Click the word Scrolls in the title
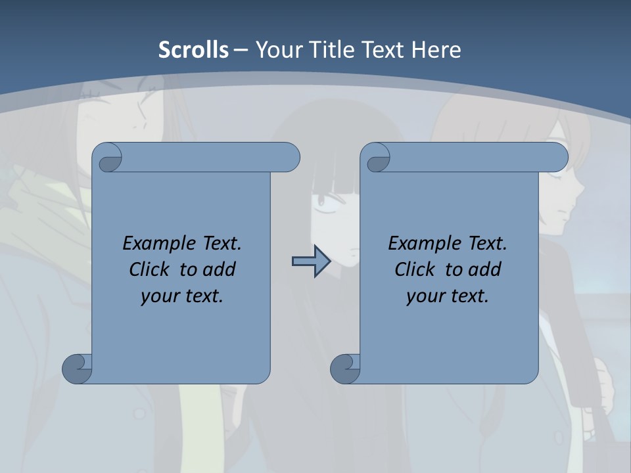point(193,49)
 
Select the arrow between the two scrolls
point(311,262)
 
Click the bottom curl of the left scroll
point(77,368)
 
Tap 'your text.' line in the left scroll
point(182,296)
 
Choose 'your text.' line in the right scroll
point(448,296)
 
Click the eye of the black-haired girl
point(324,212)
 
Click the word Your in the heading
point(275,49)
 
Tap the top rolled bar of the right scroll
point(473,158)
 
